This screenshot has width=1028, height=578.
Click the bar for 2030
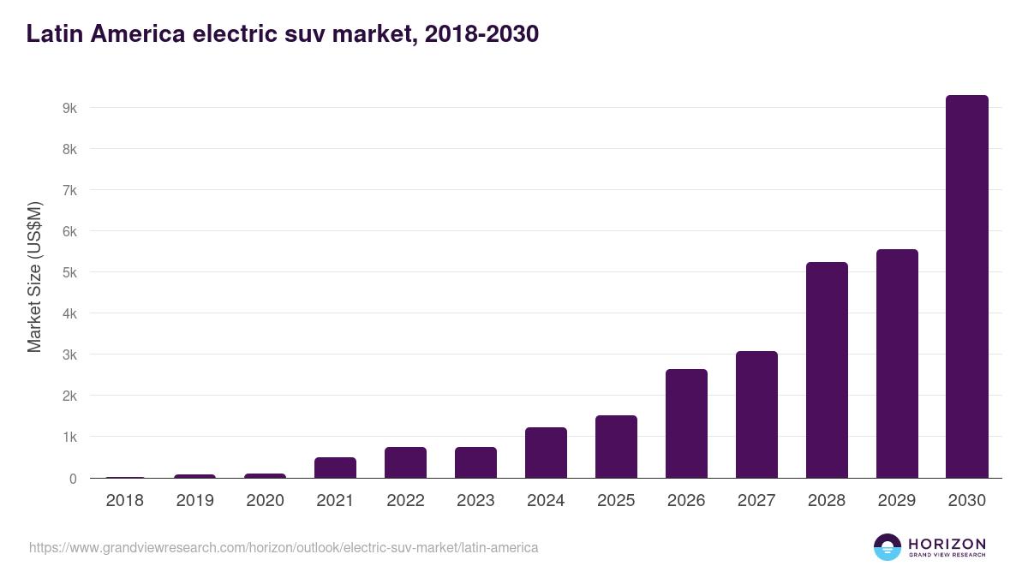click(966, 287)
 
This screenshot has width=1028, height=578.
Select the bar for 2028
click(827, 370)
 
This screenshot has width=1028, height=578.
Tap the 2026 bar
click(686, 424)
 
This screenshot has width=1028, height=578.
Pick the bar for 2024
click(546, 453)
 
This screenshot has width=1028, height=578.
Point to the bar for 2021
click(335, 468)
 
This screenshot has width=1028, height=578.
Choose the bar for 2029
click(897, 364)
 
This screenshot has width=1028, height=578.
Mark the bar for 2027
click(756, 414)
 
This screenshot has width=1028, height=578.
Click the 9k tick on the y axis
click(69, 109)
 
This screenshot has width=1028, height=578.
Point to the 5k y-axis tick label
click(69, 273)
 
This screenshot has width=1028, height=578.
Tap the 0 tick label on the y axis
click(73, 479)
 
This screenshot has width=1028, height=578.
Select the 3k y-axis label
click(69, 355)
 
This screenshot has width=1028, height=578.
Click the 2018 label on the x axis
click(124, 501)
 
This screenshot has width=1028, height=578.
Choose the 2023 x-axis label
click(475, 501)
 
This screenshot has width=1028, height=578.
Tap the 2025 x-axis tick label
click(616, 501)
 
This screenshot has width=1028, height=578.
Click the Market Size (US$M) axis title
click(34, 277)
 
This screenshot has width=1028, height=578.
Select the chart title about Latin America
click(282, 34)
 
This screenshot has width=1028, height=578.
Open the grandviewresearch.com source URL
click(284, 547)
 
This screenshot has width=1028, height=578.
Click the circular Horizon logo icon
click(888, 547)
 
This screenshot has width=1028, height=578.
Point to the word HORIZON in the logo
click(947, 544)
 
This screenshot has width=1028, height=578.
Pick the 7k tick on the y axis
click(69, 191)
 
